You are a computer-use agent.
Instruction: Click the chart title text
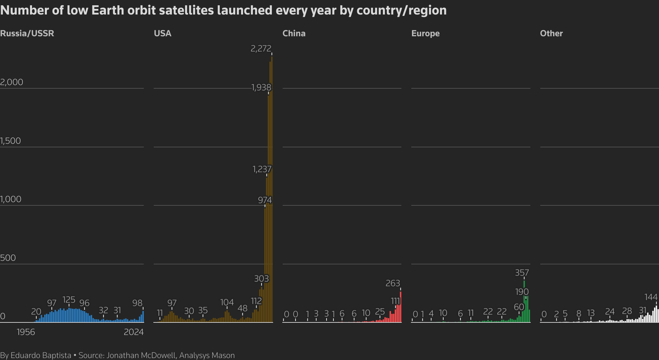[223, 11]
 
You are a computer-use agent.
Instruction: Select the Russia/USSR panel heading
[27, 33]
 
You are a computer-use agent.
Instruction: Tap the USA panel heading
[163, 33]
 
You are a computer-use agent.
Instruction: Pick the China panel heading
[294, 33]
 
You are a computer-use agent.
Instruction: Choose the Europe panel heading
[425, 33]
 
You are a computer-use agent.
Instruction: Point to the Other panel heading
[551, 33]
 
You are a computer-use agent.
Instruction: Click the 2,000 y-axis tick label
[12, 82]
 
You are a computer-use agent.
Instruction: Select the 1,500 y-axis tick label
[11, 141]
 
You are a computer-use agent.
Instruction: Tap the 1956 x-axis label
[26, 332]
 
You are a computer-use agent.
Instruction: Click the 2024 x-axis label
[134, 332]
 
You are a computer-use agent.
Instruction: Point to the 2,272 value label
[261, 48]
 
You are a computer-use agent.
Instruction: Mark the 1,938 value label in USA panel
[261, 87]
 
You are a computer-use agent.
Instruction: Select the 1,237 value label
[262, 169]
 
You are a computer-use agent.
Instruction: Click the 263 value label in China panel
[392, 283]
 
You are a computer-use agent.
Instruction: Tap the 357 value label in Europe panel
[522, 273]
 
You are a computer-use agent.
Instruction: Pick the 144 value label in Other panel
[651, 297]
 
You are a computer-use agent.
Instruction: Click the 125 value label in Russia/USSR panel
[69, 300]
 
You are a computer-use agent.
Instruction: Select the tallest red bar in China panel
[400, 307]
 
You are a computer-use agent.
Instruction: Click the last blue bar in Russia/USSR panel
[143, 316]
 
